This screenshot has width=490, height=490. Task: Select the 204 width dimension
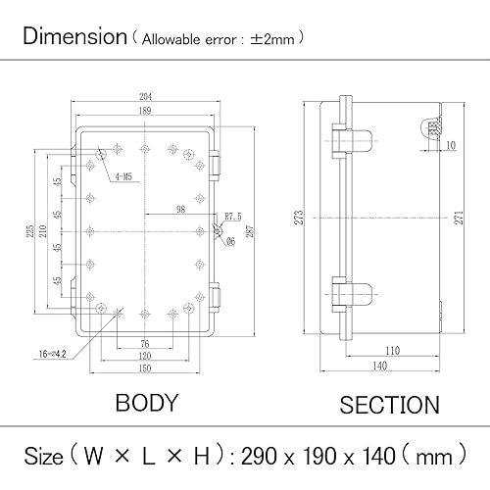[x=145, y=97]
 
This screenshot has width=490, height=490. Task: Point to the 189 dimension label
[x=145, y=113]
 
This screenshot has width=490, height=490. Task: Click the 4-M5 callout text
[x=123, y=177]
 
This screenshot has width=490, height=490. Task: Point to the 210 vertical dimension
[x=43, y=231]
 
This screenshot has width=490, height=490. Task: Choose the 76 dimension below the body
[x=145, y=343]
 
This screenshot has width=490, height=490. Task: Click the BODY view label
[x=147, y=403]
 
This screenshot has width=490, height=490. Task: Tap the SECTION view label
[x=389, y=405]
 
